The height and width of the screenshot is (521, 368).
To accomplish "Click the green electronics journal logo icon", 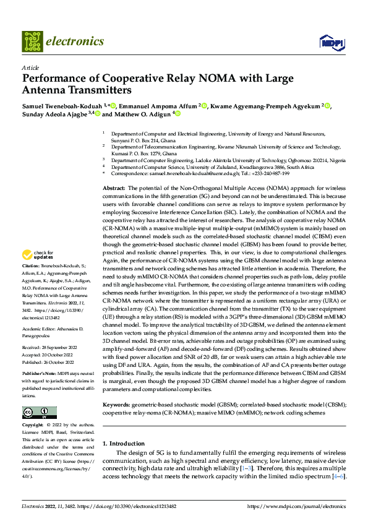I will [x=33, y=41].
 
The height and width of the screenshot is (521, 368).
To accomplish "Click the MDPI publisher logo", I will [x=331, y=42].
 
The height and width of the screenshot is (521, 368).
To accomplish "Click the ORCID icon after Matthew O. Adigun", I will [x=177, y=114].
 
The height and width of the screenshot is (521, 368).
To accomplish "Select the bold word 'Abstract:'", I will [x=114, y=187].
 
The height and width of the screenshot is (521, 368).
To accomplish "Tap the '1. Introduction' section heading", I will [x=123, y=443].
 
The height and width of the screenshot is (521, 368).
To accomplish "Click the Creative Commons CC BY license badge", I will [x=39, y=412].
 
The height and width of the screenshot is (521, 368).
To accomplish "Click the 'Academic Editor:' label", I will [x=40, y=327].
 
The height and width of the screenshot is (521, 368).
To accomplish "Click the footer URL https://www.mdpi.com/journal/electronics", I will [x=296, y=506].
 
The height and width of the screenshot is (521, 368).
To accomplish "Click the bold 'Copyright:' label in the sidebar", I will [x=34, y=425].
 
